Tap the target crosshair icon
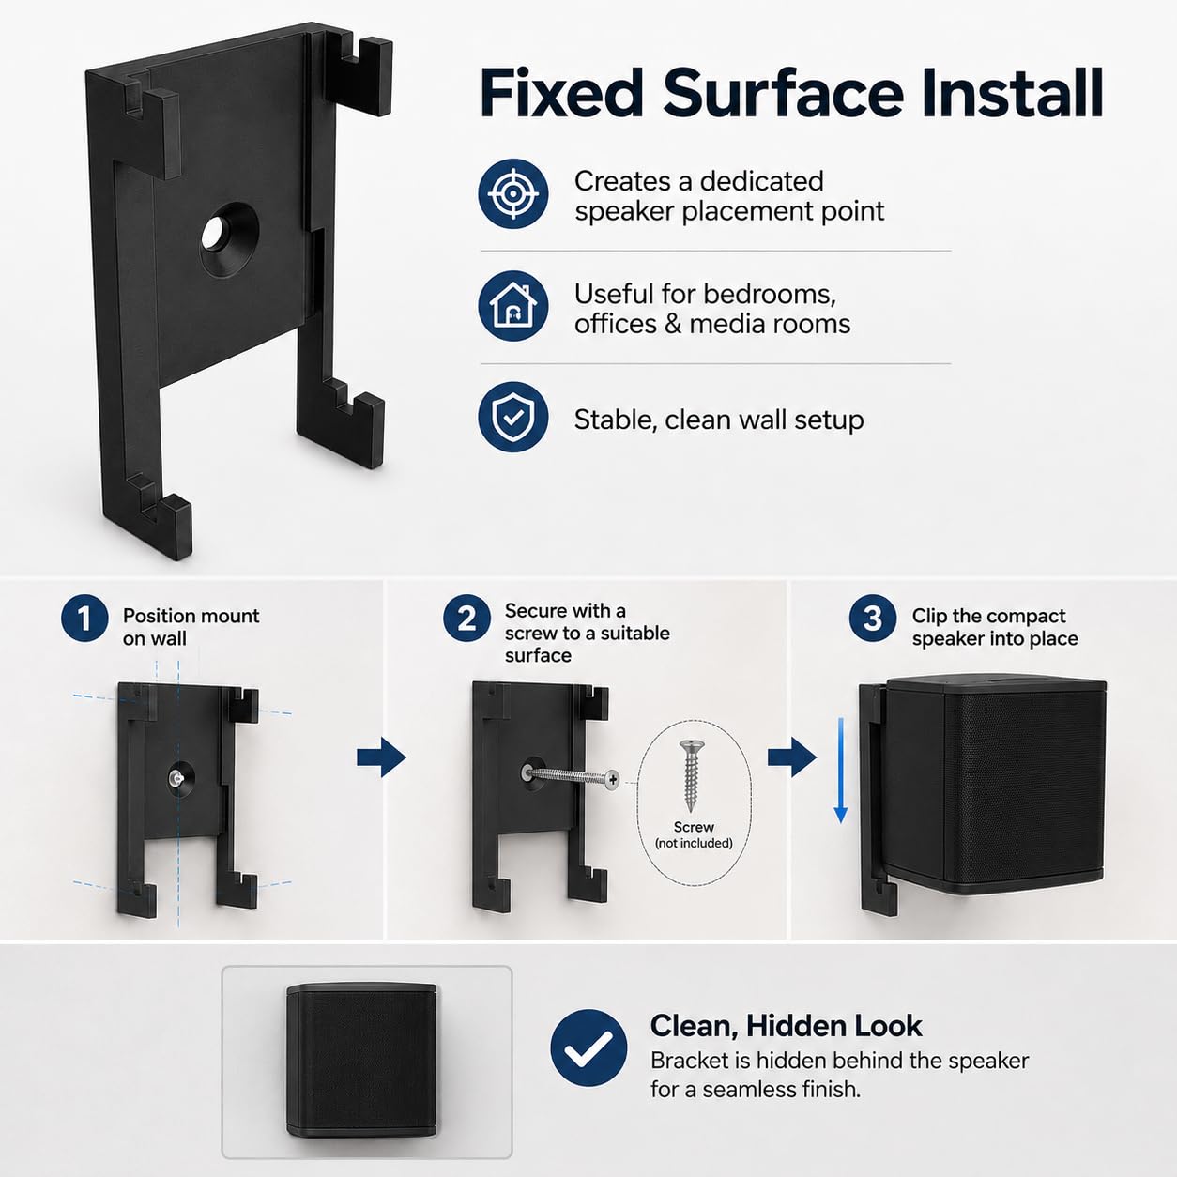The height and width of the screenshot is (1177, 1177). [x=513, y=193]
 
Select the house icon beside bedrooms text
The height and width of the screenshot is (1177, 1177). [x=513, y=306]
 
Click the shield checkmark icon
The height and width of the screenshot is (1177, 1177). [x=513, y=418]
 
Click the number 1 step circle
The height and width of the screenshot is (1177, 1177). [x=84, y=619]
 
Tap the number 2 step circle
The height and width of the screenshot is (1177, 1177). [x=467, y=619]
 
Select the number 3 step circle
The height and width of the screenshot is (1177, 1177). [x=873, y=619]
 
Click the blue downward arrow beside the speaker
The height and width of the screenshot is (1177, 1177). [x=841, y=771]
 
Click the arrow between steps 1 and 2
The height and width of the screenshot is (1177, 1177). [x=381, y=757]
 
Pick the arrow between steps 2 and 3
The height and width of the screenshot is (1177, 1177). [x=792, y=757]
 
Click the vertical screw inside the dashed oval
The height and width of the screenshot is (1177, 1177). [x=692, y=775]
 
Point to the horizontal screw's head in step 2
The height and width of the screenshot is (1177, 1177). [x=611, y=779]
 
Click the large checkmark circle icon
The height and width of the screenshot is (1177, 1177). [x=588, y=1047]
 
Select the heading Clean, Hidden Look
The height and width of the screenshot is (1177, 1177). [x=787, y=1026]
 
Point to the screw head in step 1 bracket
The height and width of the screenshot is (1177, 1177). [x=176, y=777]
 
